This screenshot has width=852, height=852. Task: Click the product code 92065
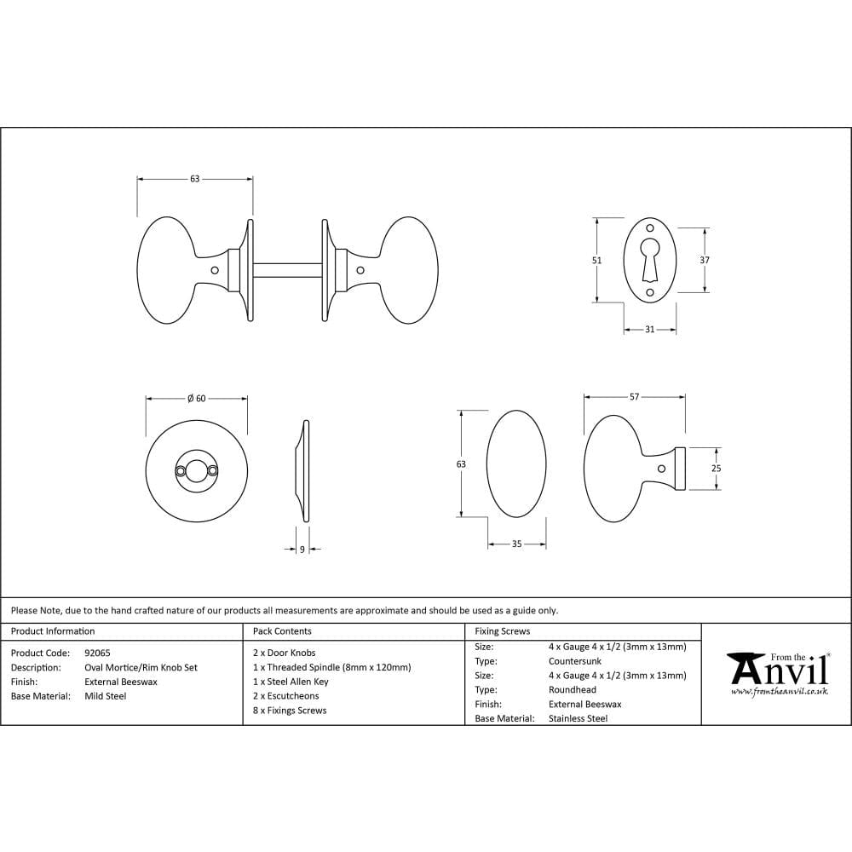point(97,653)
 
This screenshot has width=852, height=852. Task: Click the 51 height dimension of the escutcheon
point(596,261)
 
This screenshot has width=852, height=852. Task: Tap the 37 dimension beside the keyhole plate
point(705,261)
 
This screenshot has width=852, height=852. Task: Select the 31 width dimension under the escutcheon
point(650,330)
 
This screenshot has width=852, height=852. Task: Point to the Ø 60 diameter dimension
point(197,398)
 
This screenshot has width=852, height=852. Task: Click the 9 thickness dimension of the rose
point(302,550)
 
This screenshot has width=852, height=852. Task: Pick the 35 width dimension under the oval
point(516,544)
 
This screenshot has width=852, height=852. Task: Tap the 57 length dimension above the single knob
point(634,397)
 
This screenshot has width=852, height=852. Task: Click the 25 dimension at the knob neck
point(716,469)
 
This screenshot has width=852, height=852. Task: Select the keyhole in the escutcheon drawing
point(649,256)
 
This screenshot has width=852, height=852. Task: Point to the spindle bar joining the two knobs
point(287,270)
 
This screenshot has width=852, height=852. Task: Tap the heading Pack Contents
point(282,631)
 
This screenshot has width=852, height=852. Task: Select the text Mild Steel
point(106,696)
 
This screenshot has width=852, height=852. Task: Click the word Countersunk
point(575,661)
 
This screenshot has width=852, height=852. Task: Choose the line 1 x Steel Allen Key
point(291,682)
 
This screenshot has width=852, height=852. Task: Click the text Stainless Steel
point(578,718)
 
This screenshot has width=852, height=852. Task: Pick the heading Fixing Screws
point(503,631)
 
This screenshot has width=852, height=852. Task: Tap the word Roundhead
point(573,690)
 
